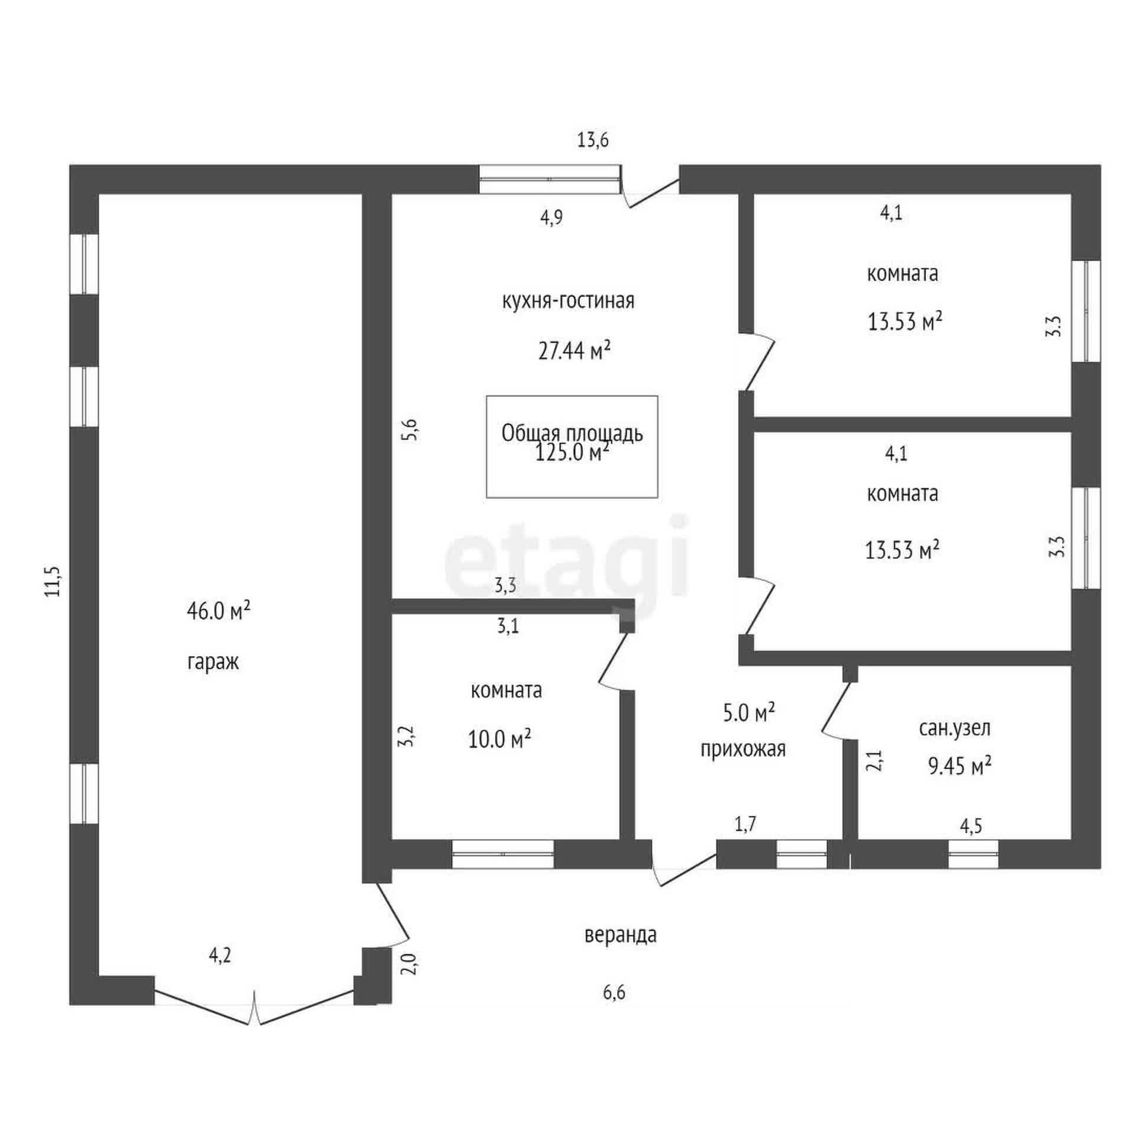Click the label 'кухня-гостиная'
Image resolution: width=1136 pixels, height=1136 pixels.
click(568, 301)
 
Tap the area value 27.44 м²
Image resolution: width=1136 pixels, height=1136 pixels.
click(574, 351)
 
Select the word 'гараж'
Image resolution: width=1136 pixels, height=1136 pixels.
click(213, 662)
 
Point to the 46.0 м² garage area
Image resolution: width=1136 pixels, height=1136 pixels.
click(218, 611)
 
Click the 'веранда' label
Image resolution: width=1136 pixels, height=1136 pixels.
click(620, 935)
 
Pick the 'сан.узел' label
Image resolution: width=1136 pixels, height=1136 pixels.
click(954, 728)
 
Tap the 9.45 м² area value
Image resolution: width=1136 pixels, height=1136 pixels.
click(959, 767)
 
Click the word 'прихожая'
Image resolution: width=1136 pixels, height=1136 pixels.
click(743, 750)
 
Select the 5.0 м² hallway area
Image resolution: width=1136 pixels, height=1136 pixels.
click(749, 714)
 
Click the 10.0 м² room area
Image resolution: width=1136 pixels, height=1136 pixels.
click(499, 739)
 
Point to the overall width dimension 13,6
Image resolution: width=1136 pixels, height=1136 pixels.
click(593, 141)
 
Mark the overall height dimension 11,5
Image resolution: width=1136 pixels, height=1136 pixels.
click(54, 582)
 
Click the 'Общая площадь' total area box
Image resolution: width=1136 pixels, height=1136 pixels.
click(572, 447)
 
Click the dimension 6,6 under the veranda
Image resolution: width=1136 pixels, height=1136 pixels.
click(614, 992)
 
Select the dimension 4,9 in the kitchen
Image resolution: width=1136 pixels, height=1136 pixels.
click(551, 218)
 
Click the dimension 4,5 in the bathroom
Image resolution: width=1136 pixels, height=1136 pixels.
click(971, 826)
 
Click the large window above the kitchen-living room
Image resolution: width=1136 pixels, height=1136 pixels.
click(549, 179)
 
